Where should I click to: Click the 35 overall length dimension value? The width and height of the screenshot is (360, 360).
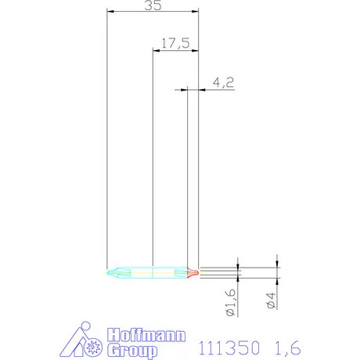[x=153, y=5]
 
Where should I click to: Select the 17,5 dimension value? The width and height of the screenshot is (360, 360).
[x=175, y=43]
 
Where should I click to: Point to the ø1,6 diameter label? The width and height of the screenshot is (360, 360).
[x=231, y=301]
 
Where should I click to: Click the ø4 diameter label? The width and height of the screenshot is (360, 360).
[x=272, y=301]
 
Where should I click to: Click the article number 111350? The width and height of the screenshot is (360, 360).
[x=229, y=344]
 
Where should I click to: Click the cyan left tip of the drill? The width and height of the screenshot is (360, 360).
[x=112, y=273]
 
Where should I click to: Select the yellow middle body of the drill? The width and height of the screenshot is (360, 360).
[x=153, y=273]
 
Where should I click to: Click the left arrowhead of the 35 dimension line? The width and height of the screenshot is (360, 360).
[x=110, y=12]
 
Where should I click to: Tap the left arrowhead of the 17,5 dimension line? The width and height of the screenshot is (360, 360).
[x=155, y=50]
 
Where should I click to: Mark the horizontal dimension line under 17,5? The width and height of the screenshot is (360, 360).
[x=175, y=50]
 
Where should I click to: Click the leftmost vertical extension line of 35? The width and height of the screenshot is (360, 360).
[x=106, y=141]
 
